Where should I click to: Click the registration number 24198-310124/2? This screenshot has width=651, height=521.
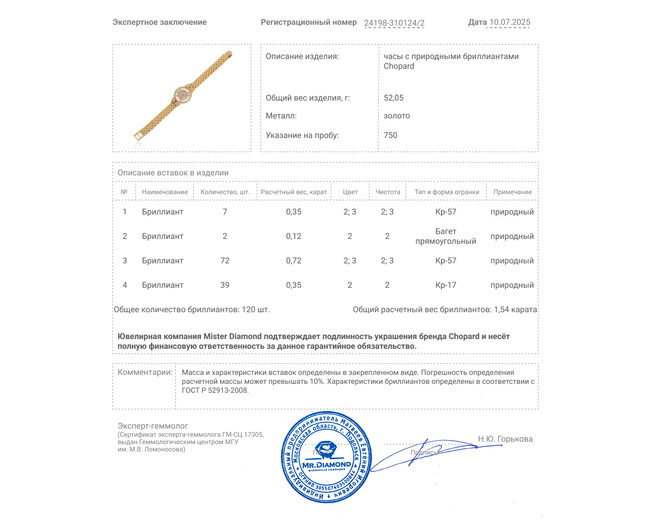[x=394, y=23]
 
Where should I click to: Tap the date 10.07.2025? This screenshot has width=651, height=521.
[x=510, y=22]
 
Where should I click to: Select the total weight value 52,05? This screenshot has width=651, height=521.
[x=393, y=98]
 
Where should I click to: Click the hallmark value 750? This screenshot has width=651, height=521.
[x=390, y=135]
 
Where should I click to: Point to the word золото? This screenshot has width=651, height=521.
[x=397, y=116]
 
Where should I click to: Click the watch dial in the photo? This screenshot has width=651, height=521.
[x=183, y=94]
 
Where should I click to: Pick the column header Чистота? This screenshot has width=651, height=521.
[x=388, y=192]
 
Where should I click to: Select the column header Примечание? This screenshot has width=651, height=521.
[x=512, y=192]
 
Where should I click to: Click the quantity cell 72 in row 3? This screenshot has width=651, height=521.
[x=225, y=261]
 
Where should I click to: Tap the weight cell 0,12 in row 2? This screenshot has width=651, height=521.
[x=293, y=236]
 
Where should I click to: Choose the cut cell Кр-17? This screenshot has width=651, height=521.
[x=446, y=285]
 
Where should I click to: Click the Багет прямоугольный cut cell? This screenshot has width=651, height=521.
[x=446, y=236]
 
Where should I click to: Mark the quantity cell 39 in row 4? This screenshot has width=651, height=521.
[x=225, y=285]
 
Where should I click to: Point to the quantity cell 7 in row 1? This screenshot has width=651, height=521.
[x=225, y=212]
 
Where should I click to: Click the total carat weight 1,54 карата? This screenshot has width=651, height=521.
[x=515, y=310]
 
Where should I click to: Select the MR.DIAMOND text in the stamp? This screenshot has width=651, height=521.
[x=326, y=465]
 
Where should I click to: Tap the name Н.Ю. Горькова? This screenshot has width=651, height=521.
[x=505, y=439]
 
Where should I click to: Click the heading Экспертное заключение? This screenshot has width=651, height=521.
[x=159, y=22]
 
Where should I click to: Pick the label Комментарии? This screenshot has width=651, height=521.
[x=145, y=372]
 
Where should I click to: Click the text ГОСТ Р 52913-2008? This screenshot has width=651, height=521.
[x=215, y=390]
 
